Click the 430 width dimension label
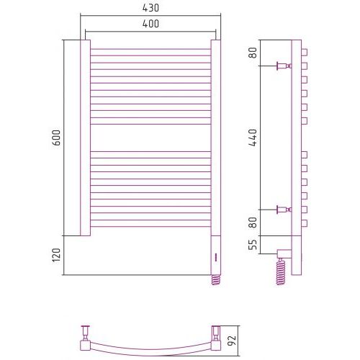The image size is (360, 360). tap(150, 8)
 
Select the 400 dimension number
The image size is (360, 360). tap(150, 24)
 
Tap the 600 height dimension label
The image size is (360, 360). tap(56, 138)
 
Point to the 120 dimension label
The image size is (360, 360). tap(56, 256)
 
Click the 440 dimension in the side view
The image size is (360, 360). tap(253, 138)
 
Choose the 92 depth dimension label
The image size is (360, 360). tap(233, 340)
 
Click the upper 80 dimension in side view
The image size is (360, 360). tap(253, 53)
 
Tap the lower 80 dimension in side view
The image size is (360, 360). tap(253, 222)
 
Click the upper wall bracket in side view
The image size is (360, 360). tap(284, 66)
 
